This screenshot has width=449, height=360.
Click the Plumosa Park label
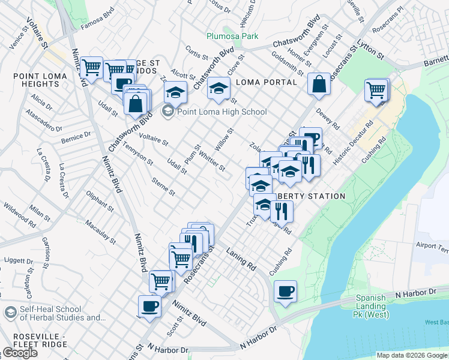pyautogui.click(x=233, y=36)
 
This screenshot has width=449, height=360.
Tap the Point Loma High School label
pyautogui.click(x=221, y=112)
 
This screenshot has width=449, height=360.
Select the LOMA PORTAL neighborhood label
pyautogui.click(x=266, y=82)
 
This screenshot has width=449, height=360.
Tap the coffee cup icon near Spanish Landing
pyautogui.click(x=285, y=292)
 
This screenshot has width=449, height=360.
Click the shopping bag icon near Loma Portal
pyautogui.click(x=319, y=84)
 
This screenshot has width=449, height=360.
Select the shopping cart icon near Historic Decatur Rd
pyautogui.click(x=376, y=91)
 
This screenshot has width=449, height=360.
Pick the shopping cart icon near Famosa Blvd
pyautogui.click(x=91, y=68)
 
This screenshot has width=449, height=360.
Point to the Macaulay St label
pyautogui.click(x=100, y=232)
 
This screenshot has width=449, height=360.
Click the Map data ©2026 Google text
pyautogui.click(x=412, y=355)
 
